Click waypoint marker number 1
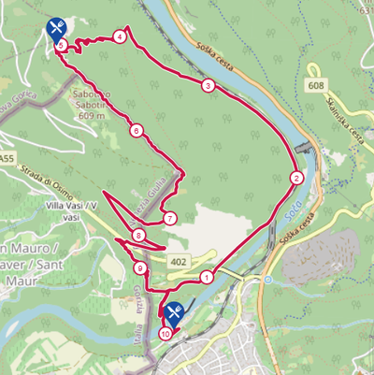[x=206, y=277]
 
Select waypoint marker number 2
[x=296, y=178]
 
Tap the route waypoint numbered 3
[x=207, y=85]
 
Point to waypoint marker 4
[x=120, y=36]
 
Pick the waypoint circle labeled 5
[x=61, y=45]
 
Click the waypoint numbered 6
[x=137, y=130]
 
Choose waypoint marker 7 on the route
[x=169, y=218]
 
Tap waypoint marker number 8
[x=138, y=236]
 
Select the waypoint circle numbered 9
[x=140, y=269]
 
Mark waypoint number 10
[x=165, y=333]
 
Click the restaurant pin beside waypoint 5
[x=56, y=28]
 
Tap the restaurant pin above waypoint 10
[x=170, y=312]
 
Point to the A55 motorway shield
[x=7, y=160]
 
